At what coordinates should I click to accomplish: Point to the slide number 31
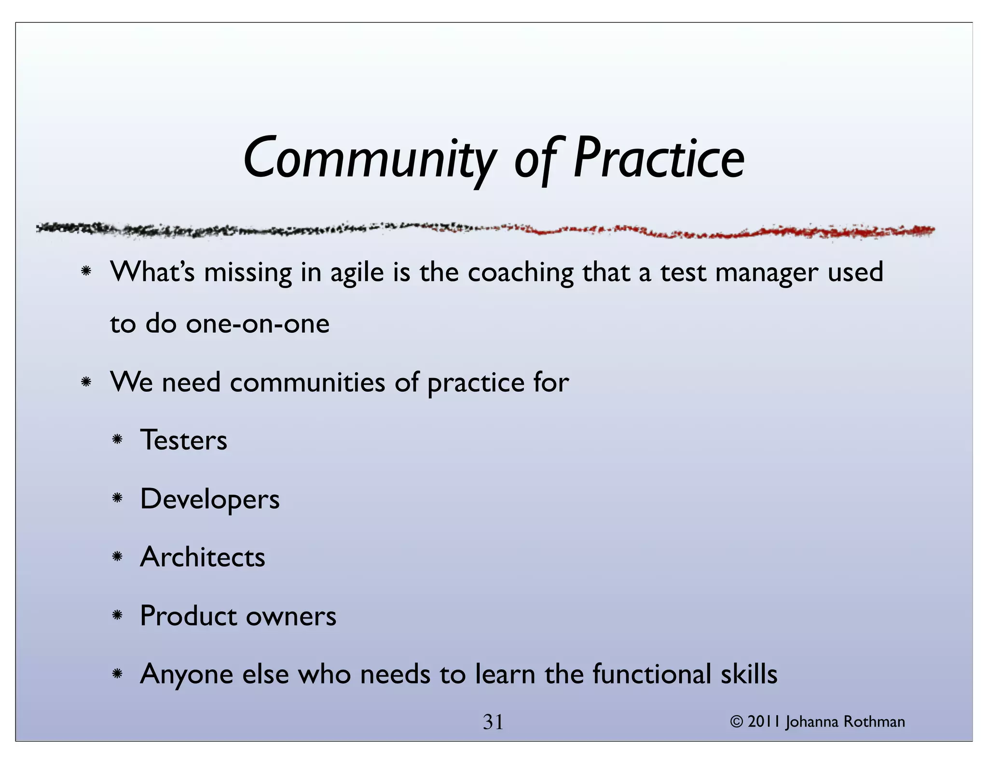[x=493, y=722]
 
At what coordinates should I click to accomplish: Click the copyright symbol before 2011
[x=736, y=722]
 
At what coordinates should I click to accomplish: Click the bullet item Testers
[x=183, y=440]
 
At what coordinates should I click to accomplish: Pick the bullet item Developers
[x=210, y=499]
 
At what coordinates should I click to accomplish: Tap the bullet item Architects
[x=203, y=558]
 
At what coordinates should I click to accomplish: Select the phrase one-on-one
[x=258, y=324]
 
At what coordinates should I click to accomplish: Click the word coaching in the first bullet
[x=521, y=272]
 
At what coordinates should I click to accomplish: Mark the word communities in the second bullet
[x=307, y=382]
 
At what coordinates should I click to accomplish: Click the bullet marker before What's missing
[x=86, y=272]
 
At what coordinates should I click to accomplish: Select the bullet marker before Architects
[x=117, y=557]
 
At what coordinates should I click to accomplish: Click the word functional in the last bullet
[x=651, y=674]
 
